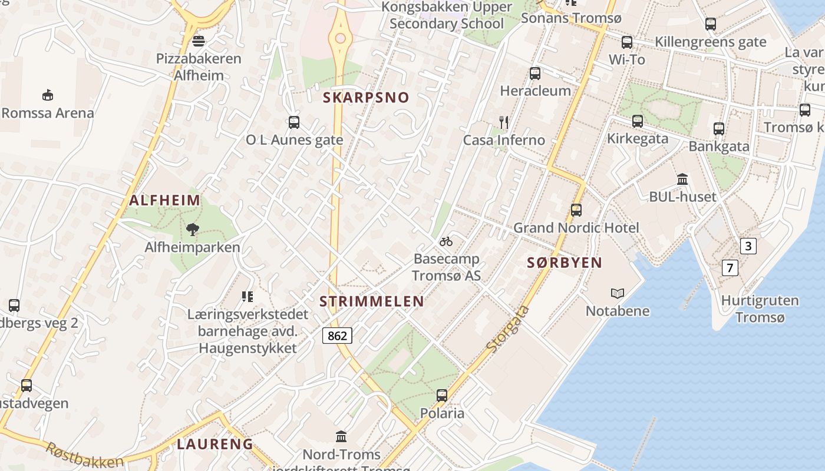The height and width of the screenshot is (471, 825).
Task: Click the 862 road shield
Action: (337, 336)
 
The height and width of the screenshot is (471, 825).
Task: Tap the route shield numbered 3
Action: (748, 246)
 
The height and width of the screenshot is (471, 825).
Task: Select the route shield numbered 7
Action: (730, 268)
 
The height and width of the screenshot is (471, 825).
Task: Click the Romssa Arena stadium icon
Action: (48, 95)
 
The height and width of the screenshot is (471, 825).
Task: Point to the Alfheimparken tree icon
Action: (192, 230)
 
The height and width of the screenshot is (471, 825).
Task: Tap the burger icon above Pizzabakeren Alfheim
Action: (199, 41)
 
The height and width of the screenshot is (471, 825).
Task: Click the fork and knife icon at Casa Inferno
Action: (504, 122)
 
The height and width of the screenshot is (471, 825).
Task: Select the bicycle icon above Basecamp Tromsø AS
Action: (446, 241)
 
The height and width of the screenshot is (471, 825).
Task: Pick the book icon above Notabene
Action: (618, 293)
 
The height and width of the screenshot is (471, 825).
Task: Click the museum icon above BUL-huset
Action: (682, 179)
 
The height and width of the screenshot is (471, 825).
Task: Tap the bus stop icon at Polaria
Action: (442, 396)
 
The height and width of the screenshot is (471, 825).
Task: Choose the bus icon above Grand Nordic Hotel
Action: (576, 210)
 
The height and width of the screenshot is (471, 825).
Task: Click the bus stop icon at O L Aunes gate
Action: (294, 122)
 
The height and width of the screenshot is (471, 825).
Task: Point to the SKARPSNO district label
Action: (366, 98)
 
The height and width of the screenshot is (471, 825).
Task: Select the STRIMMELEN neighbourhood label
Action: (371, 301)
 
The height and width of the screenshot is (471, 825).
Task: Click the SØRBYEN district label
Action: (565, 263)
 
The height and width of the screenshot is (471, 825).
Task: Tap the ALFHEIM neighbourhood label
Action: (165, 200)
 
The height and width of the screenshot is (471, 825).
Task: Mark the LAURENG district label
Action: (215, 444)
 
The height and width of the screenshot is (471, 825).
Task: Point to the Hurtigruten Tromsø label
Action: (760, 309)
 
